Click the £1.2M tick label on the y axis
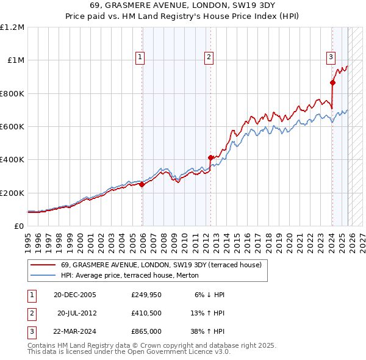[x=12, y=27]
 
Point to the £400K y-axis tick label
[x=12, y=160]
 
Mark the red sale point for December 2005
[x=142, y=185]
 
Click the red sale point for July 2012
[x=210, y=158]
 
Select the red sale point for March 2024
[x=332, y=83]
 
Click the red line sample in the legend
[x=43, y=265]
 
